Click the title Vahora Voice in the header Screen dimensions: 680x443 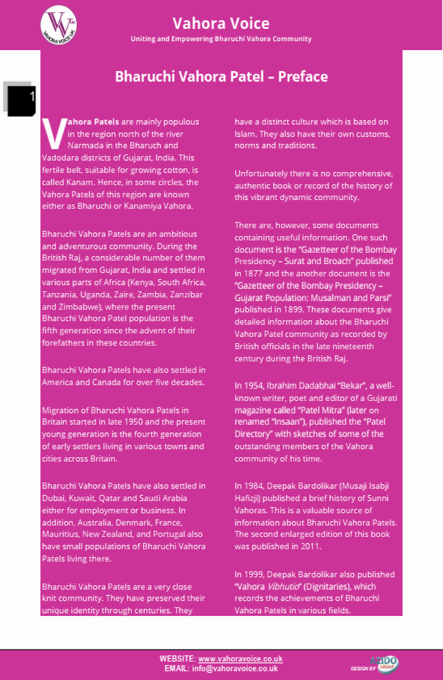(x=221, y=23)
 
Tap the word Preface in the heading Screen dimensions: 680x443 (x=303, y=76)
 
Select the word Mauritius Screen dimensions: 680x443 (x=62, y=534)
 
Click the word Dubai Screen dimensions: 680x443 (x=52, y=498)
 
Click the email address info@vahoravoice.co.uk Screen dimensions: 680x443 (x=234, y=668)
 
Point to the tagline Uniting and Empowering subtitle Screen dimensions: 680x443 (x=221, y=39)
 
